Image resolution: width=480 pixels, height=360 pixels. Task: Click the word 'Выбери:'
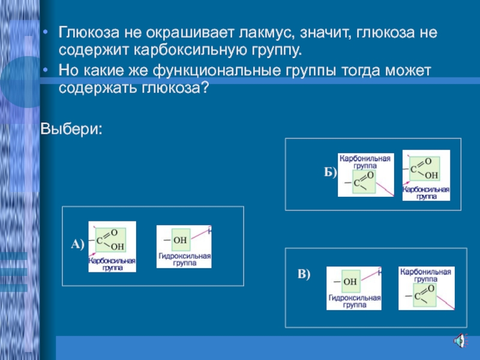(x=71, y=128)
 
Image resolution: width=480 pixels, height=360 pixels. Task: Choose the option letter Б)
(x=331, y=172)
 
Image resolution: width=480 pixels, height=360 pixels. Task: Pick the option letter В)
(x=304, y=274)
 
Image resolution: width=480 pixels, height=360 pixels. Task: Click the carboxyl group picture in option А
(x=112, y=247)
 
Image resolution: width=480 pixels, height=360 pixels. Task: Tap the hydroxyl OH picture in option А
(x=184, y=247)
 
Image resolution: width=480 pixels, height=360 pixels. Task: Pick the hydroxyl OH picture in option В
(x=353, y=288)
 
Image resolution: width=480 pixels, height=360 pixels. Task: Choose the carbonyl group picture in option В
(x=426, y=288)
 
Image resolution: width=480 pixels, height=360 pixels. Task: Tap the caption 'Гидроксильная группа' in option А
(x=184, y=260)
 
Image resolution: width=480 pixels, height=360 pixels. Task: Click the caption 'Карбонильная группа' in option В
(x=426, y=275)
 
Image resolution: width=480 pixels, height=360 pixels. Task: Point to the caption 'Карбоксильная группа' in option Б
(x=426, y=193)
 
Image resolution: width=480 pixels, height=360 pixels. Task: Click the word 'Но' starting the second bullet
(x=68, y=72)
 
